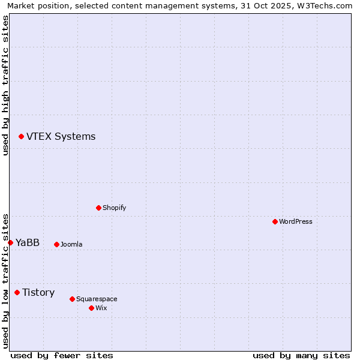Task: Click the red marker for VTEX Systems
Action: click(21, 137)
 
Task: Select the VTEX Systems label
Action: click(61, 137)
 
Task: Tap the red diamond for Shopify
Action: click(98, 208)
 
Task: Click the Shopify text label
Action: click(114, 208)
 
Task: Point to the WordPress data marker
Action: click(275, 221)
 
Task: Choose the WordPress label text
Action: click(295, 222)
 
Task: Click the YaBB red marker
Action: click(10, 242)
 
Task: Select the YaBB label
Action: click(28, 243)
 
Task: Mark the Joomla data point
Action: click(56, 244)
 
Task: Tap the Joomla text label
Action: click(71, 245)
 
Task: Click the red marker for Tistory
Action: click(17, 292)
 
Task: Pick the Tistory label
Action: click(38, 293)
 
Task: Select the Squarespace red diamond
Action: click(72, 299)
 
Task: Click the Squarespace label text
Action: click(97, 299)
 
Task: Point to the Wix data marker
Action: click(91, 308)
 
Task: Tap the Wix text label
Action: click(101, 308)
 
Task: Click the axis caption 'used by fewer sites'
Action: click(62, 355)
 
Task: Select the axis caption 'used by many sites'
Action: click(301, 355)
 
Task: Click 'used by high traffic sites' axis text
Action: click(5, 85)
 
